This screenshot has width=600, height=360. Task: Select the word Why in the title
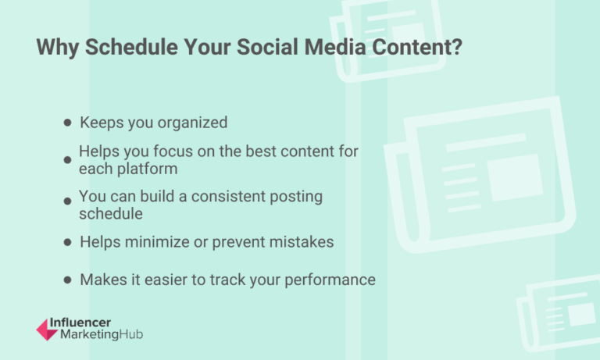[x=58, y=47]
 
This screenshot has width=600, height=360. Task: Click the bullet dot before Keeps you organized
[x=68, y=123]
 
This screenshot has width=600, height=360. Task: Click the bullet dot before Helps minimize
[x=68, y=242]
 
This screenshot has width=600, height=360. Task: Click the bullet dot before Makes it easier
[x=68, y=280]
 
